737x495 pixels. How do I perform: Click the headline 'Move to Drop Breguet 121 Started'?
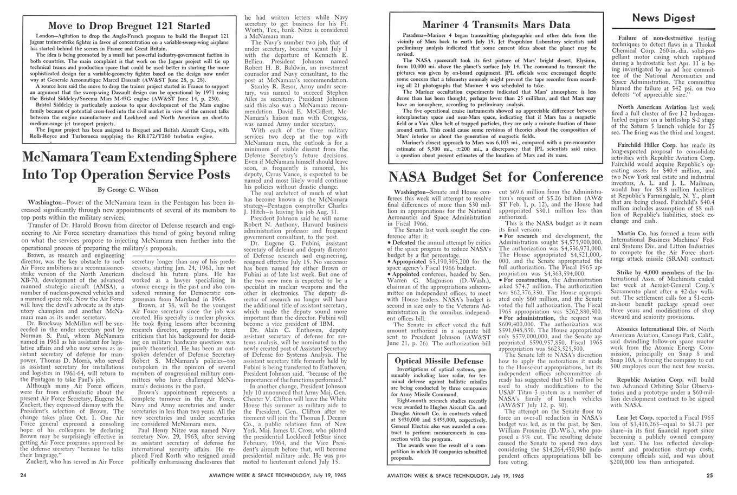[x=129, y=25]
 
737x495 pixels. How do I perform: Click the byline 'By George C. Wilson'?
[x=128, y=190]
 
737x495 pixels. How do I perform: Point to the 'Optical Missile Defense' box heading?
[x=439, y=361]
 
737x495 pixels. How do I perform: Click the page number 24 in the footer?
[x=23, y=475]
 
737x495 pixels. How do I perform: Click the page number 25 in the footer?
[x=709, y=475]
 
